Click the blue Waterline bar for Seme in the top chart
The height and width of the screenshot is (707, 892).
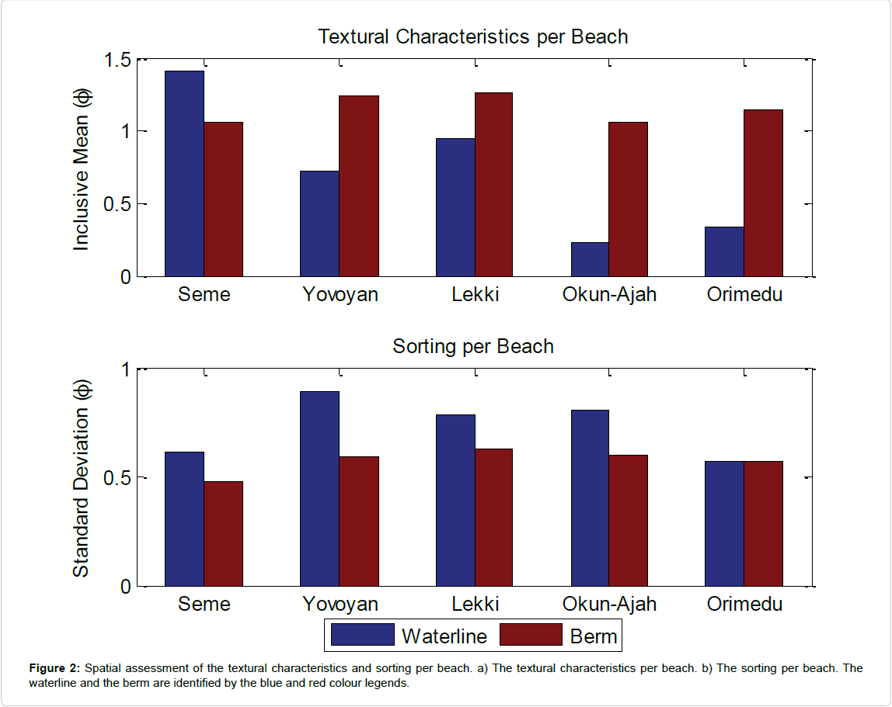point(184,173)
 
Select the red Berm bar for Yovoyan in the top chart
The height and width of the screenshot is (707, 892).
point(359,185)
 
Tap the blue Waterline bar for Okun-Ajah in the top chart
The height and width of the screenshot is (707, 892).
point(590,259)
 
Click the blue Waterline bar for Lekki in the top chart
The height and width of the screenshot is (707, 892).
point(455,207)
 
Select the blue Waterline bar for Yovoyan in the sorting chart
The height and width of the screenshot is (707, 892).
point(319,488)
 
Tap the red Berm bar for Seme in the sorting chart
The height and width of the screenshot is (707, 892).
point(224,533)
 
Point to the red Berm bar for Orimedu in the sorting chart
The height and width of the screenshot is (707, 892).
point(763,523)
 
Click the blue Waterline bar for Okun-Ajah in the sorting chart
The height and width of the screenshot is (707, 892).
point(590,497)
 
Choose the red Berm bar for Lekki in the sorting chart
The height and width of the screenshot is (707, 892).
point(493,517)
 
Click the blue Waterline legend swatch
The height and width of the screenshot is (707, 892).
point(362,635)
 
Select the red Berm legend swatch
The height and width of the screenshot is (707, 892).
point(530,635)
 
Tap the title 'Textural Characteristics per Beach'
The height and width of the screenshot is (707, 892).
point(472,36)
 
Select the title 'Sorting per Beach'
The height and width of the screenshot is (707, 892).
point(472,346)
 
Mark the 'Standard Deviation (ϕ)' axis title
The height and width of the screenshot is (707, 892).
point(82,477)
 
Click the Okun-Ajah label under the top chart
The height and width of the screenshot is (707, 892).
point(608,295)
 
